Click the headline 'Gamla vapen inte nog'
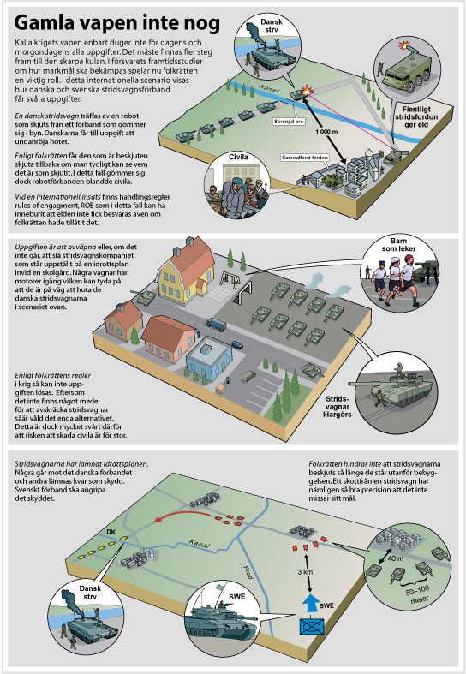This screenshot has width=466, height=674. [x=117, y=24]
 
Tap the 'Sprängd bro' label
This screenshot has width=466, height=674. [x=289, y=122]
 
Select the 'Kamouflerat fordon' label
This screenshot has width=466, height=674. [x=305, y=158]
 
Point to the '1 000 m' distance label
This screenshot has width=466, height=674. [x=326, y=131]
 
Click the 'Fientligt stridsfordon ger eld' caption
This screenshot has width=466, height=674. [x=415, y=117]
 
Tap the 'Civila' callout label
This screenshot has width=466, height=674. [x=238, y=158]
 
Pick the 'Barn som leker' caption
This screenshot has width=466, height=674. [x=398, y=245]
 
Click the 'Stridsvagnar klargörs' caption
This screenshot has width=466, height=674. [x=338, y=407]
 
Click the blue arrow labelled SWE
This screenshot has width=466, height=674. [x=309, y=603]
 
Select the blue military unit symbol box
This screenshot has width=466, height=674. [x=311, y=626]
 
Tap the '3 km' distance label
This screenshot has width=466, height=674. [x=305, y=572]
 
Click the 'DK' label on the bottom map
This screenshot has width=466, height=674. [x=111, y=532]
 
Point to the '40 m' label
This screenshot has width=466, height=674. [x=395, y=558]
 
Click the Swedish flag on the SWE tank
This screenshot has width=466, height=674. [x=219, y=587]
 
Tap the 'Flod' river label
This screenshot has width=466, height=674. [x=248, y=572]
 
